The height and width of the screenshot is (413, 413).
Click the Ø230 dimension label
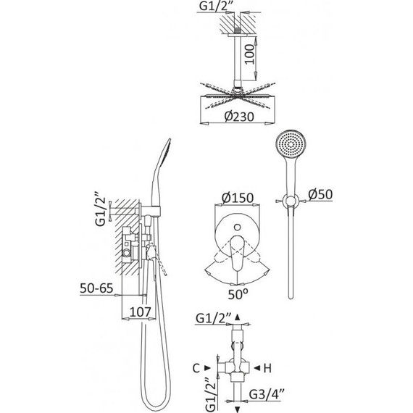[239, 117]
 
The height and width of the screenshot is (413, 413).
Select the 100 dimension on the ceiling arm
[249, 54]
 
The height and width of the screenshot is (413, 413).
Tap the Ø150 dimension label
[238, 198]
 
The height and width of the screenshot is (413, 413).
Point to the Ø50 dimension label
[320, 194]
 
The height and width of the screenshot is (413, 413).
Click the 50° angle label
[238, 294]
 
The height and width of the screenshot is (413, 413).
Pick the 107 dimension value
[140, 312]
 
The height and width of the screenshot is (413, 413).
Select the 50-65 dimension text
[96, 288]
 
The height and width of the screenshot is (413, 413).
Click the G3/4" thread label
[267, 394]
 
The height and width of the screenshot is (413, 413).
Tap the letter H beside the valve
[267, 368]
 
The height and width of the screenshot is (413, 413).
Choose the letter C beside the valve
[196, 368]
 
